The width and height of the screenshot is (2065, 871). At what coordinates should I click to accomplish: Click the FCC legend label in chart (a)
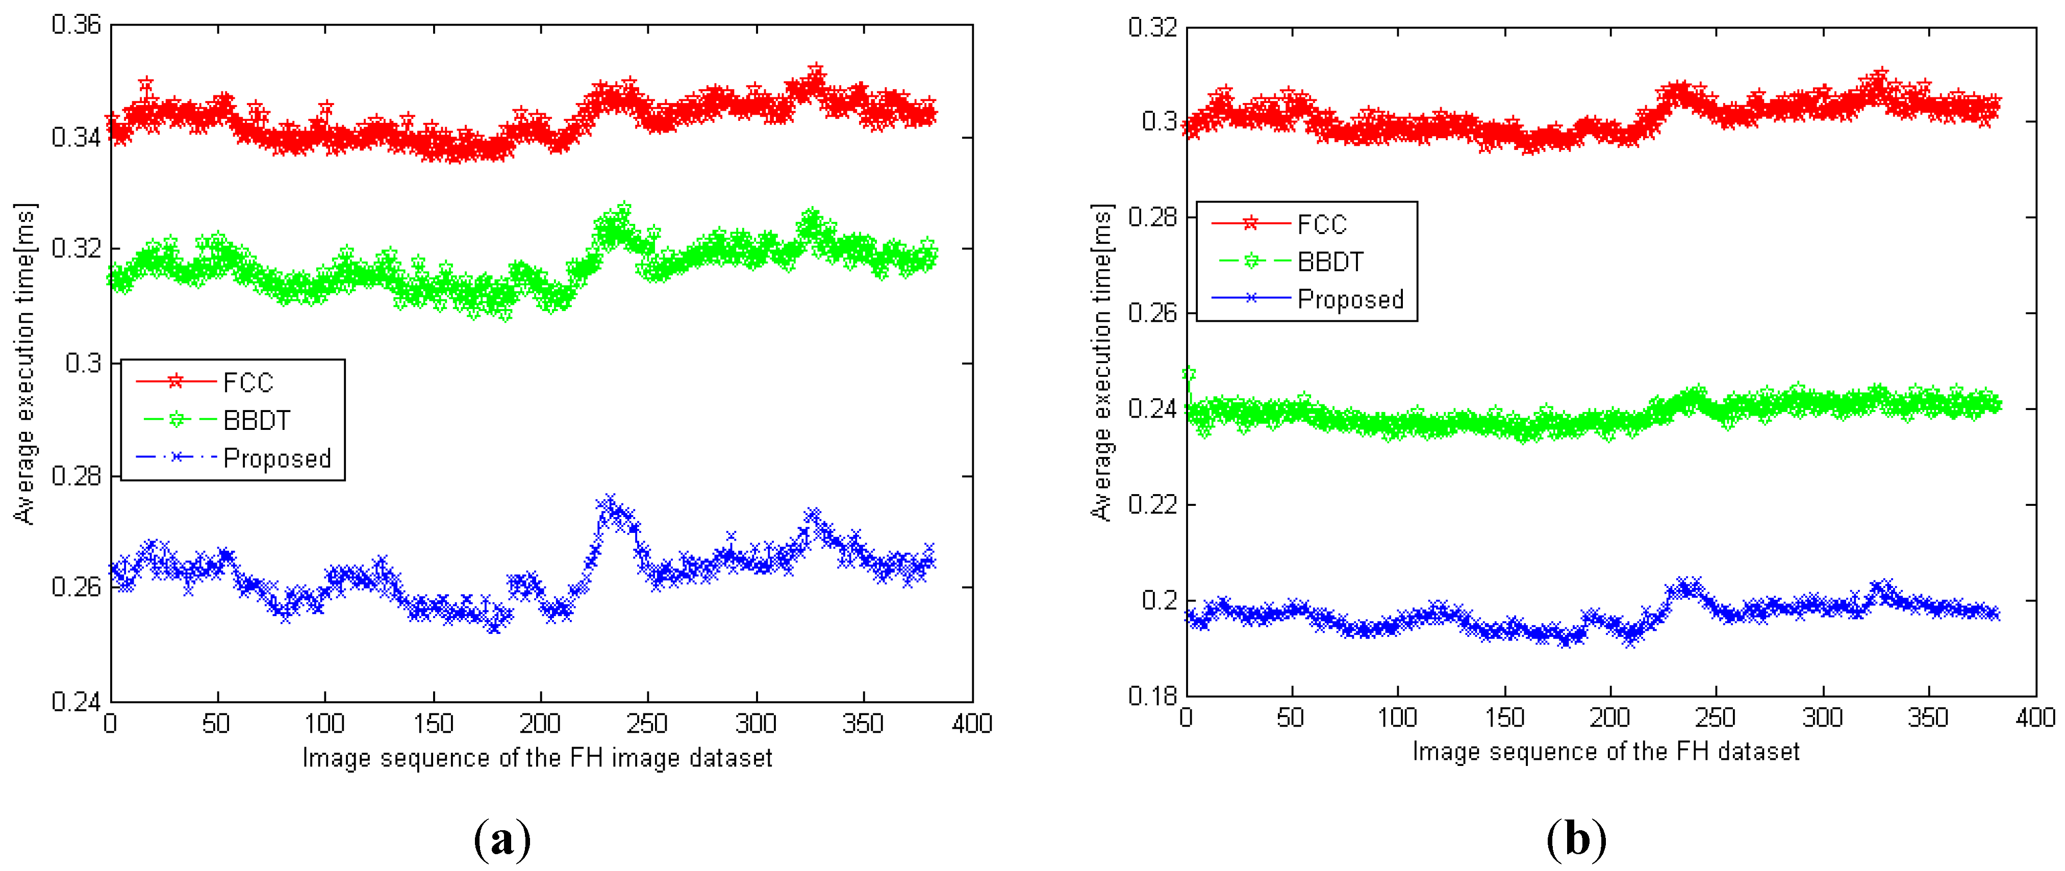pos(248,383)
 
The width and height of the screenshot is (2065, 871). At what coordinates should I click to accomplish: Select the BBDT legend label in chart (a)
pos(257,421)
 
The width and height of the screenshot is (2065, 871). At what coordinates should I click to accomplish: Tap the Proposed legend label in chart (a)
pos(276,458)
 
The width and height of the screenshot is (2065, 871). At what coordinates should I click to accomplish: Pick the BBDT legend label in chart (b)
pos(1330,262)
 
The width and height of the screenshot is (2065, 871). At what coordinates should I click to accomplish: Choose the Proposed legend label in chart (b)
pos(1350,300)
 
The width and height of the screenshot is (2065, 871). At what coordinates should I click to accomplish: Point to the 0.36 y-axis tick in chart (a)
pos(76,25)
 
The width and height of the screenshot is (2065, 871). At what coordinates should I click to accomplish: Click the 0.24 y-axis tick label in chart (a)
pos(76,702)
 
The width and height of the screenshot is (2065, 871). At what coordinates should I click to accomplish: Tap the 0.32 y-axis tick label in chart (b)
pos(1152,28)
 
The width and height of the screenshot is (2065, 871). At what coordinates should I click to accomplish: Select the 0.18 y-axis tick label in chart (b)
pos(1152,696)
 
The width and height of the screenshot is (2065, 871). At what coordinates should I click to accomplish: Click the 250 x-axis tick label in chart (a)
pos(647,724)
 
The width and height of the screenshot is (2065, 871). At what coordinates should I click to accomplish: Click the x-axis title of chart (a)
pos(537,758)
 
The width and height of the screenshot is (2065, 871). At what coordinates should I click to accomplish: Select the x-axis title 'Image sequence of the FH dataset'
pos(1606,752)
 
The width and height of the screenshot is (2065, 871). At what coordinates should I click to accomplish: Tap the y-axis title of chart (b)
pos(1102,362)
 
